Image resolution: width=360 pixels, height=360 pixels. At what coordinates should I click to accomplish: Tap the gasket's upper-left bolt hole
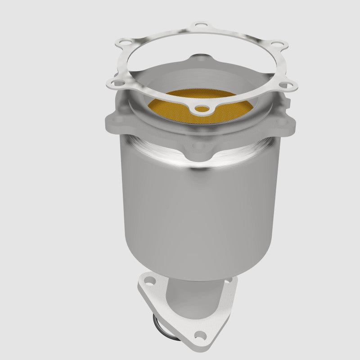(x=120, y=44)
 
